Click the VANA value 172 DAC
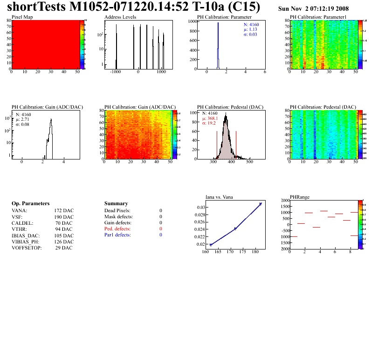click(x=64, y=211)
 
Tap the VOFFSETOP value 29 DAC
click(x=64, y=248)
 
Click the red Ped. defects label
click(x=117, y=229)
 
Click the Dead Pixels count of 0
click(x=161, y=211)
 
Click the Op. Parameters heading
click(x=30, y=204)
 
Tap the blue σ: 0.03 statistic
click(x=250, y=35)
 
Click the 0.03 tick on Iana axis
click(x=200, y=208)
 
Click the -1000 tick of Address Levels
click(x=116, y=72)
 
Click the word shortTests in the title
click(x=35, y=8)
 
